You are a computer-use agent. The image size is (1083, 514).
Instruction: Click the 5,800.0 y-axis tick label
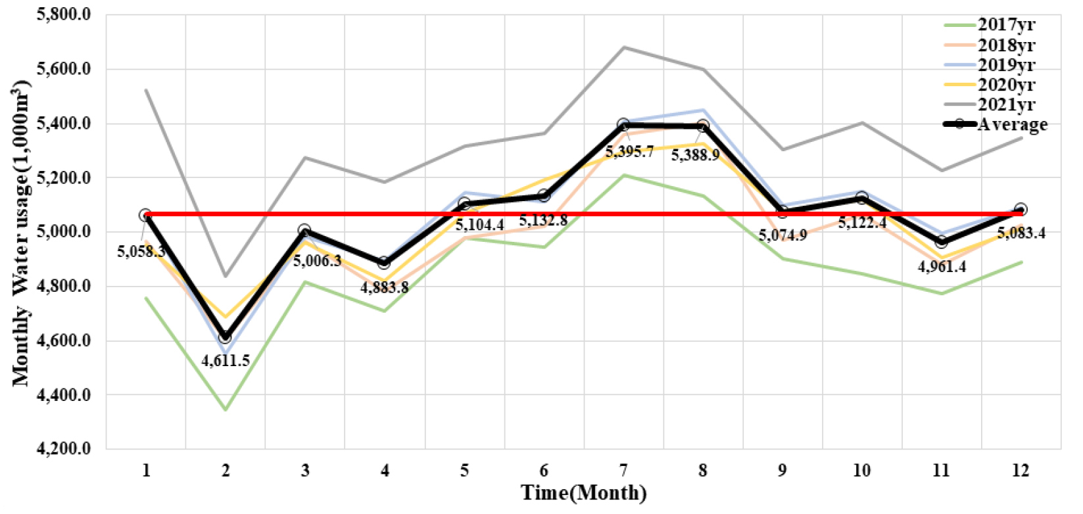pos(64,14)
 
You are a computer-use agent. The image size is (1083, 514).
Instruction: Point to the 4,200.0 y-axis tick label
pos(64,449)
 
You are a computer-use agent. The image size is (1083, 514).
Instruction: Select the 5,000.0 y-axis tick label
pos(64,231)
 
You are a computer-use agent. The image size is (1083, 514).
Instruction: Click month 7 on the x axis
pos(623,471)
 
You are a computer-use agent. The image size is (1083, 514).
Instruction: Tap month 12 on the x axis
pos(1021,471)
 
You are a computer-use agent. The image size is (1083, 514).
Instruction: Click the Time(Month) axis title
pos(584,493)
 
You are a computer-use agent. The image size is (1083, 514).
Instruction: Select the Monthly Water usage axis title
pos(21,233)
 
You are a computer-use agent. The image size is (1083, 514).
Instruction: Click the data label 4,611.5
pos(226,361)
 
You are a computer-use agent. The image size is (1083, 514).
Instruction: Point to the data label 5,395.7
pos(629,152)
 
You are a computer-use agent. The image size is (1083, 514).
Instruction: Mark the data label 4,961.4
pos(942,267)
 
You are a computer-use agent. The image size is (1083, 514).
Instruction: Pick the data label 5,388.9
pos(695,156)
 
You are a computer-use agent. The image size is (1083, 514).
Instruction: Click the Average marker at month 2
pos(226,337)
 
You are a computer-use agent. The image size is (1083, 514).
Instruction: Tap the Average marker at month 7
pos(623,124)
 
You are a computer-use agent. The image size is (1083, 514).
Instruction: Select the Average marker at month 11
pos(941,242)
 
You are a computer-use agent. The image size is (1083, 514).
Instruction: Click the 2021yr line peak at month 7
pos(623,47)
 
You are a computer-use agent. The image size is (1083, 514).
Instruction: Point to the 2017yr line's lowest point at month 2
pos(226,409)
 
